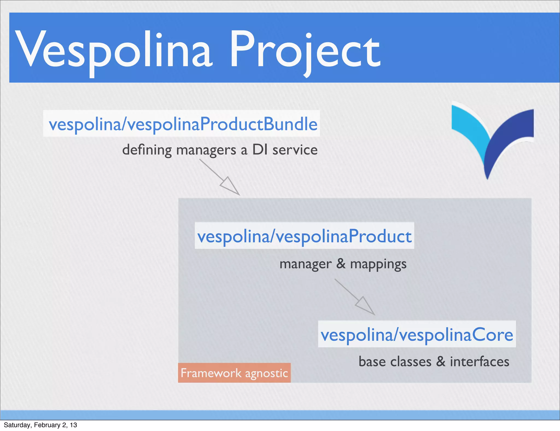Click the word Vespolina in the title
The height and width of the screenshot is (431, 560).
[x=113, y=49]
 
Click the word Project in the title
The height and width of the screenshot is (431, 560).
[x=305, y=51]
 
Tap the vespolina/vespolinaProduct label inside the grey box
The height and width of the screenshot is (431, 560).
[x=304, y=236]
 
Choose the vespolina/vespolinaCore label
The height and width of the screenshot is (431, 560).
[x=417, y=334]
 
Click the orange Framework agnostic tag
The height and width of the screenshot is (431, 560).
[x=234, y=373]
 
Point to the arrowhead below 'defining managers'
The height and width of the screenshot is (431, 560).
[x=230, y=186]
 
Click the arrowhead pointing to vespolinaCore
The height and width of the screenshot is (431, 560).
[x=365, y=306]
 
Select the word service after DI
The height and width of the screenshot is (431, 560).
[x=295, y=150]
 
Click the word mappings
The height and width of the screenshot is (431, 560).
[x=378, y=264]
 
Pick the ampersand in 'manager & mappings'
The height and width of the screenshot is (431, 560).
[x=341, y=264]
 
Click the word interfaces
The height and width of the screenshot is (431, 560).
[x=480, y=362]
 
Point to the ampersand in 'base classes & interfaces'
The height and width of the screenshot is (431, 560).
[x=441, y=362]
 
